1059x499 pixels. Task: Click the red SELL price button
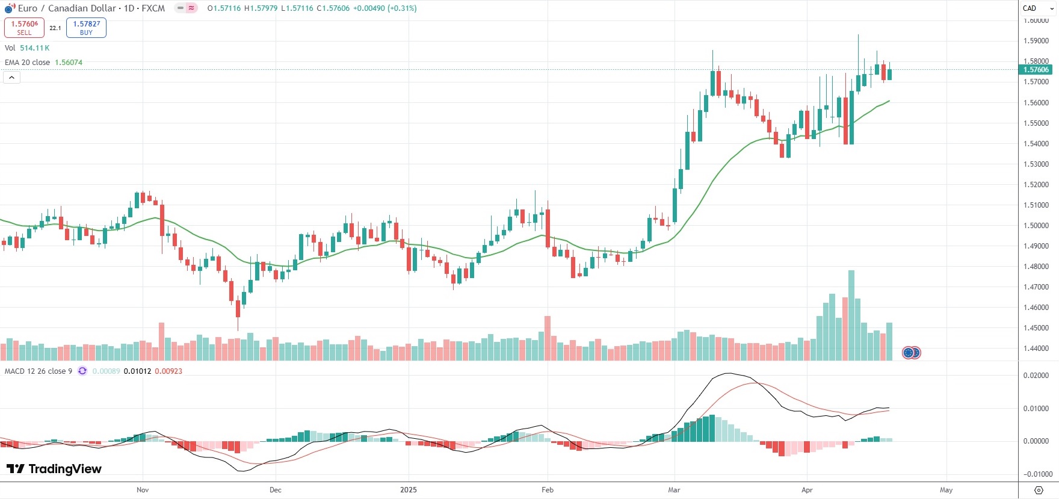click(x=24, y=28)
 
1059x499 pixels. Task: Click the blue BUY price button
click(x=86, y=28)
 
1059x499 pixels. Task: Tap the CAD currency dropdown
click(x=1038, y=8)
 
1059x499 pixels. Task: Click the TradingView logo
click(x=54, y=469)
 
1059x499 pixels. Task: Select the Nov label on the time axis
click(x=143, y=490)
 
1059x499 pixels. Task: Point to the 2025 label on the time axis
click(x=409, y=490)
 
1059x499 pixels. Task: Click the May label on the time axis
click(x=946, y=490)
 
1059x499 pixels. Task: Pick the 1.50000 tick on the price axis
click(x=1036, y=226)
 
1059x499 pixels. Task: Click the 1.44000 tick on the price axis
click(x=1036, y=349)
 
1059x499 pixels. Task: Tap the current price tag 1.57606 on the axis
click(x=1036, y=70)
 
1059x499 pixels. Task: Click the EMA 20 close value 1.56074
click(x=69, y=63)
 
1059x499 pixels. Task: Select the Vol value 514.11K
click(x=35, y=48)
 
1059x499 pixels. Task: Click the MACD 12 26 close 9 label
click(x=39, y=371)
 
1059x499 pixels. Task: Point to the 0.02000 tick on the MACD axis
click(x=1036, y=376)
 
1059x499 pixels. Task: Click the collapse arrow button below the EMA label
click(x=11, y=78)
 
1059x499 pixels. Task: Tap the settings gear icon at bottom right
click(x=1039, y=490)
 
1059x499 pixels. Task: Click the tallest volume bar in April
click(x=851, y=315)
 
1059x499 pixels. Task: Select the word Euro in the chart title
click(x=28, y=8)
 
